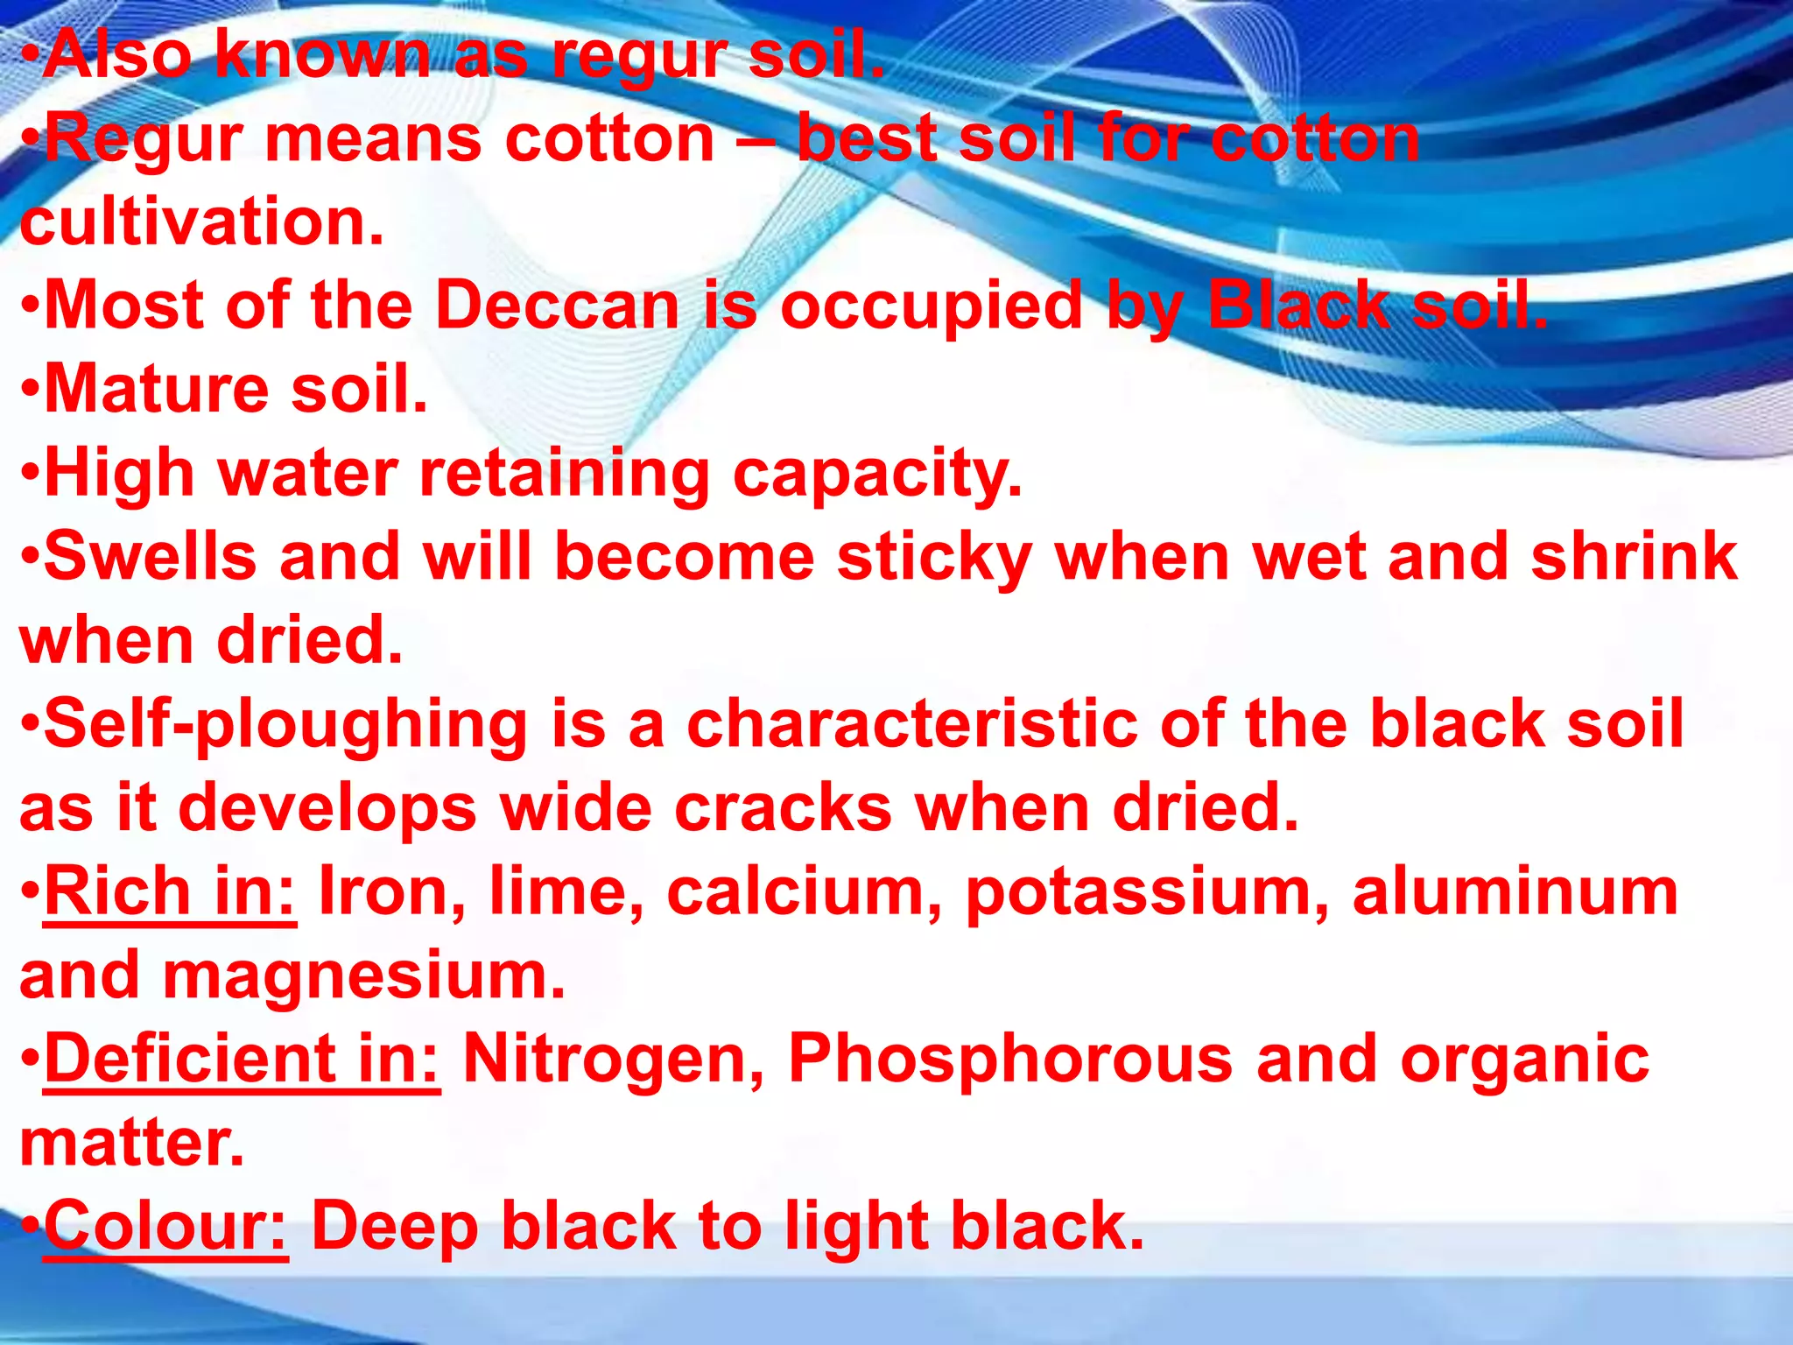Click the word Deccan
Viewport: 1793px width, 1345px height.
pos(557,306)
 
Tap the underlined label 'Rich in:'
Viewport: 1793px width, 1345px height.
pos(170,892)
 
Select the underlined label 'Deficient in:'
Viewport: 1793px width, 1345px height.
pos(242,1060)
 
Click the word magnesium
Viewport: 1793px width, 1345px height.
pos(364,976)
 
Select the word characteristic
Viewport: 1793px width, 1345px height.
pos(912,725)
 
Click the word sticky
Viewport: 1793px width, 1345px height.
pos(934,558)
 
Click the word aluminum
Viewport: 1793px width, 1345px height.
pos(1515,892)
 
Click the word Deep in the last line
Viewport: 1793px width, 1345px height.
pos(395,1228)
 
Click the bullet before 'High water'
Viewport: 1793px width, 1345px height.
pos(31,474)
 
